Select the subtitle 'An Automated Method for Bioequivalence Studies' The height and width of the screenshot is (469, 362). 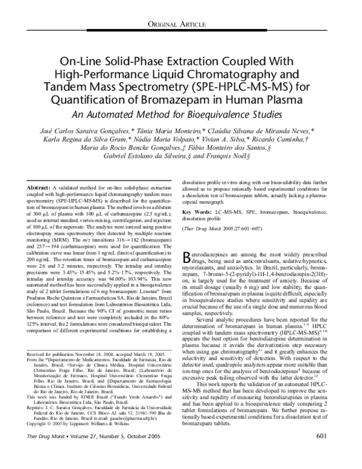click(x=181, y=115)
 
